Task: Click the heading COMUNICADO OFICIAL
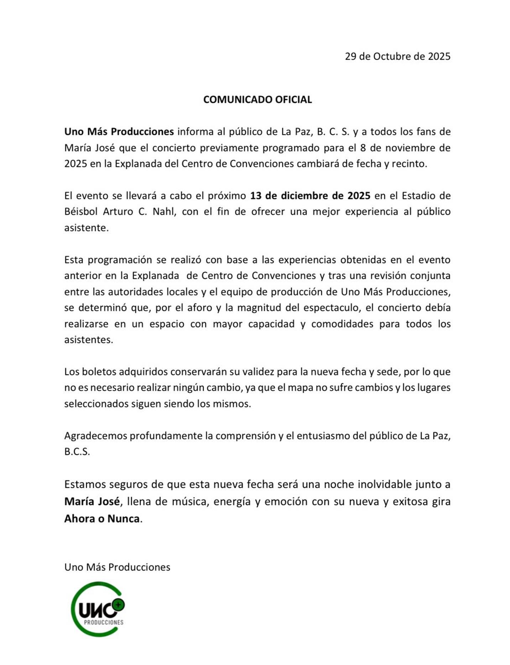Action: pos(257,99)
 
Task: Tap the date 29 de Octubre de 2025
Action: pos(397,56)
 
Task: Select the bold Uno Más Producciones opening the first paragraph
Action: pos(119,132)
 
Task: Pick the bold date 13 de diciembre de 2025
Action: pos(310,196)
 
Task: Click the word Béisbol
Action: pos(81,211)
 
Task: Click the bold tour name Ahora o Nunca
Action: pos(102,518)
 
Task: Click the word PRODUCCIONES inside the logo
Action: pos(104,622)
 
